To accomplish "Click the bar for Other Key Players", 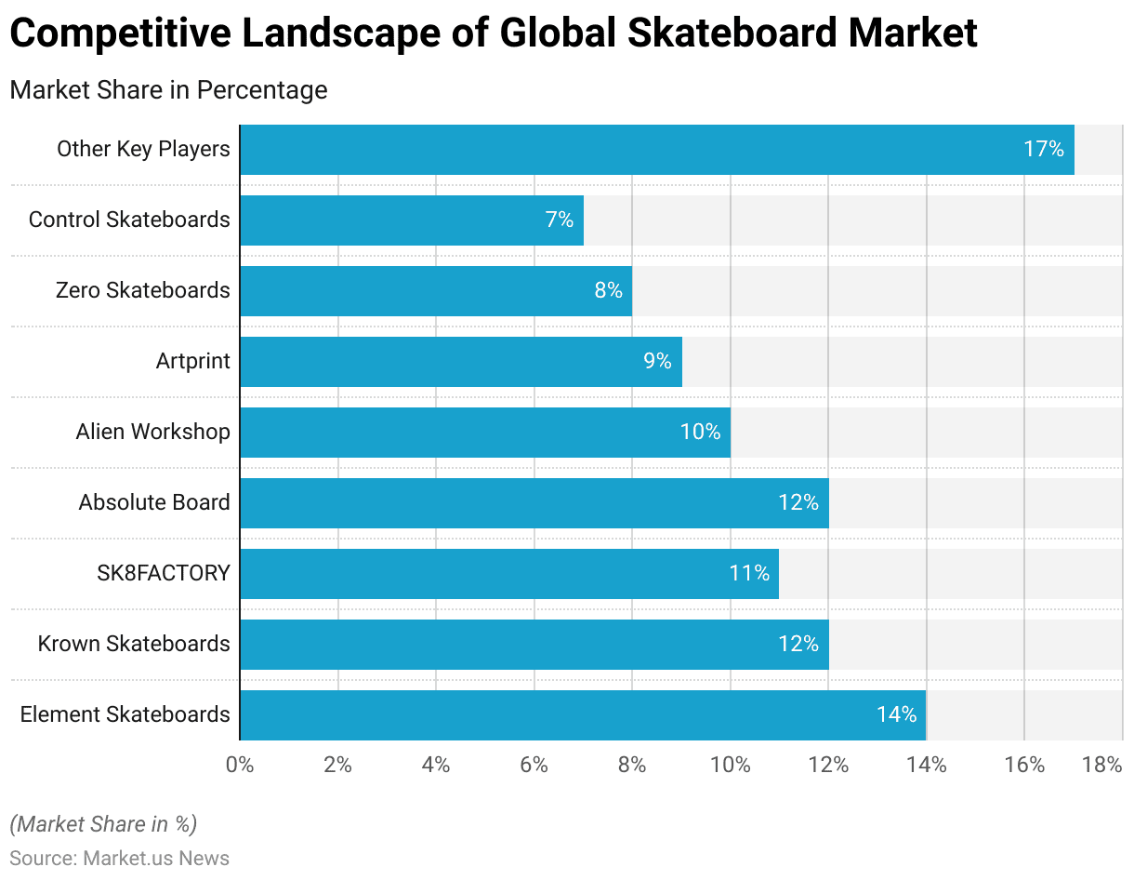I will [x=656, y=149].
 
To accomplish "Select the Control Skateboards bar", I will [x=411, y=220].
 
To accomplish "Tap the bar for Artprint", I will [x=460, y=361].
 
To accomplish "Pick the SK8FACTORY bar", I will [x=508, y=573].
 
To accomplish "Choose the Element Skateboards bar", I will [x=582, y=714].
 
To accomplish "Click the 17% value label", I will [x=1044, y=149].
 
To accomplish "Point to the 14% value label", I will [x=896, y=714].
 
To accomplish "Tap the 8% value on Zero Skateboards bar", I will [x=608, y=290].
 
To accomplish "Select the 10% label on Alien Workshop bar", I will [x=700, y=432].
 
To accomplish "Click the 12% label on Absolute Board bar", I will [x=798, y=502].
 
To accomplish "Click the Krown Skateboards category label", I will [x=134, y=644].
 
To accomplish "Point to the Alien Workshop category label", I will [x=152, y=432].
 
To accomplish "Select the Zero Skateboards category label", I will [x=142, y=290].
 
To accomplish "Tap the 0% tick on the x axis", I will [x=240, y=765].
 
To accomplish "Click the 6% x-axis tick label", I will [x=534, y=765].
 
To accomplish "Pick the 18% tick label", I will [x=1102, y=765].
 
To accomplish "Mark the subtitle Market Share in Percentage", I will [x=168, y=90].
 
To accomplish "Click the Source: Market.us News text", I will [x=120, y=858].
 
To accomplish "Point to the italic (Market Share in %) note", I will [x=103, y=824].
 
